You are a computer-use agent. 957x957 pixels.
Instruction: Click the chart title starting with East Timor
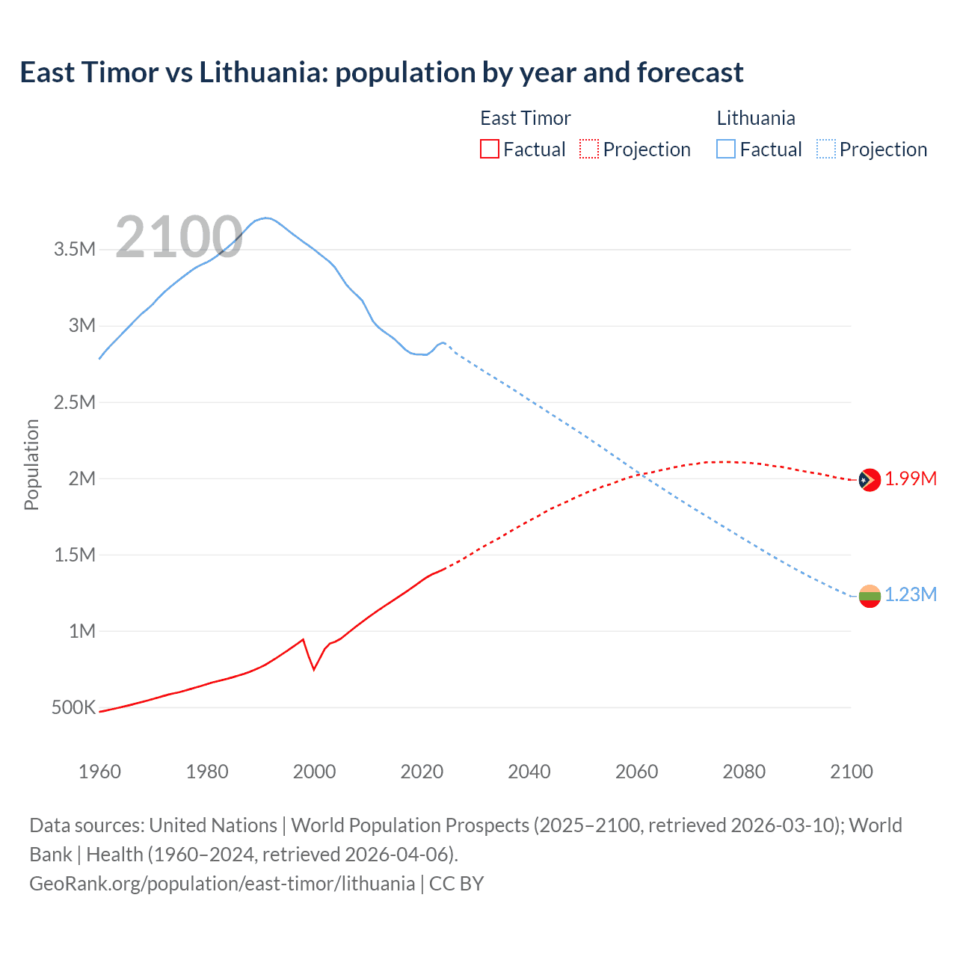381,73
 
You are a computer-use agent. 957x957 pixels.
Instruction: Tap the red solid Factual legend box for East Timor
489,149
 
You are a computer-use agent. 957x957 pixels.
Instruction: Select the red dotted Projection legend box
589,149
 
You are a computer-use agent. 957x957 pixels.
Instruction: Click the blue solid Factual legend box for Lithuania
725,149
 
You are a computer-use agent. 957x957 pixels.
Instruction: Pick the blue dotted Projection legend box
825,149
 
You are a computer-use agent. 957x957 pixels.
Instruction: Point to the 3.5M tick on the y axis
75,249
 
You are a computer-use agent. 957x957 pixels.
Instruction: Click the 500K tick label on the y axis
73,707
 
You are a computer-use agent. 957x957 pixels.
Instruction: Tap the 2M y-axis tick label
81,478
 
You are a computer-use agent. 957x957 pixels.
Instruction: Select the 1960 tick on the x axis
99,772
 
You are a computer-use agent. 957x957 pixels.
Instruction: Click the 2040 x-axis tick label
529,772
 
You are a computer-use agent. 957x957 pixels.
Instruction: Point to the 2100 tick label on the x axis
851,772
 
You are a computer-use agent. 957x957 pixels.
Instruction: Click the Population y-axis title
31,464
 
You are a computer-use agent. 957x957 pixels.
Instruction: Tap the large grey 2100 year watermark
179,237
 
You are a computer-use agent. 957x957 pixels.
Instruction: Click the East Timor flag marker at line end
869,479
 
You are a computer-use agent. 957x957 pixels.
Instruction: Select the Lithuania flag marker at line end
870,596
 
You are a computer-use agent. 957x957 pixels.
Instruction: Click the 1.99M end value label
911,478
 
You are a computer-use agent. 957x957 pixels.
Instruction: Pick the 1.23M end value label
911,594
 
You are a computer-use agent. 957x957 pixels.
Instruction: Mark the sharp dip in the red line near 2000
314,668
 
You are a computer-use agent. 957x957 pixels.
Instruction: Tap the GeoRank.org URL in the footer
221,883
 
